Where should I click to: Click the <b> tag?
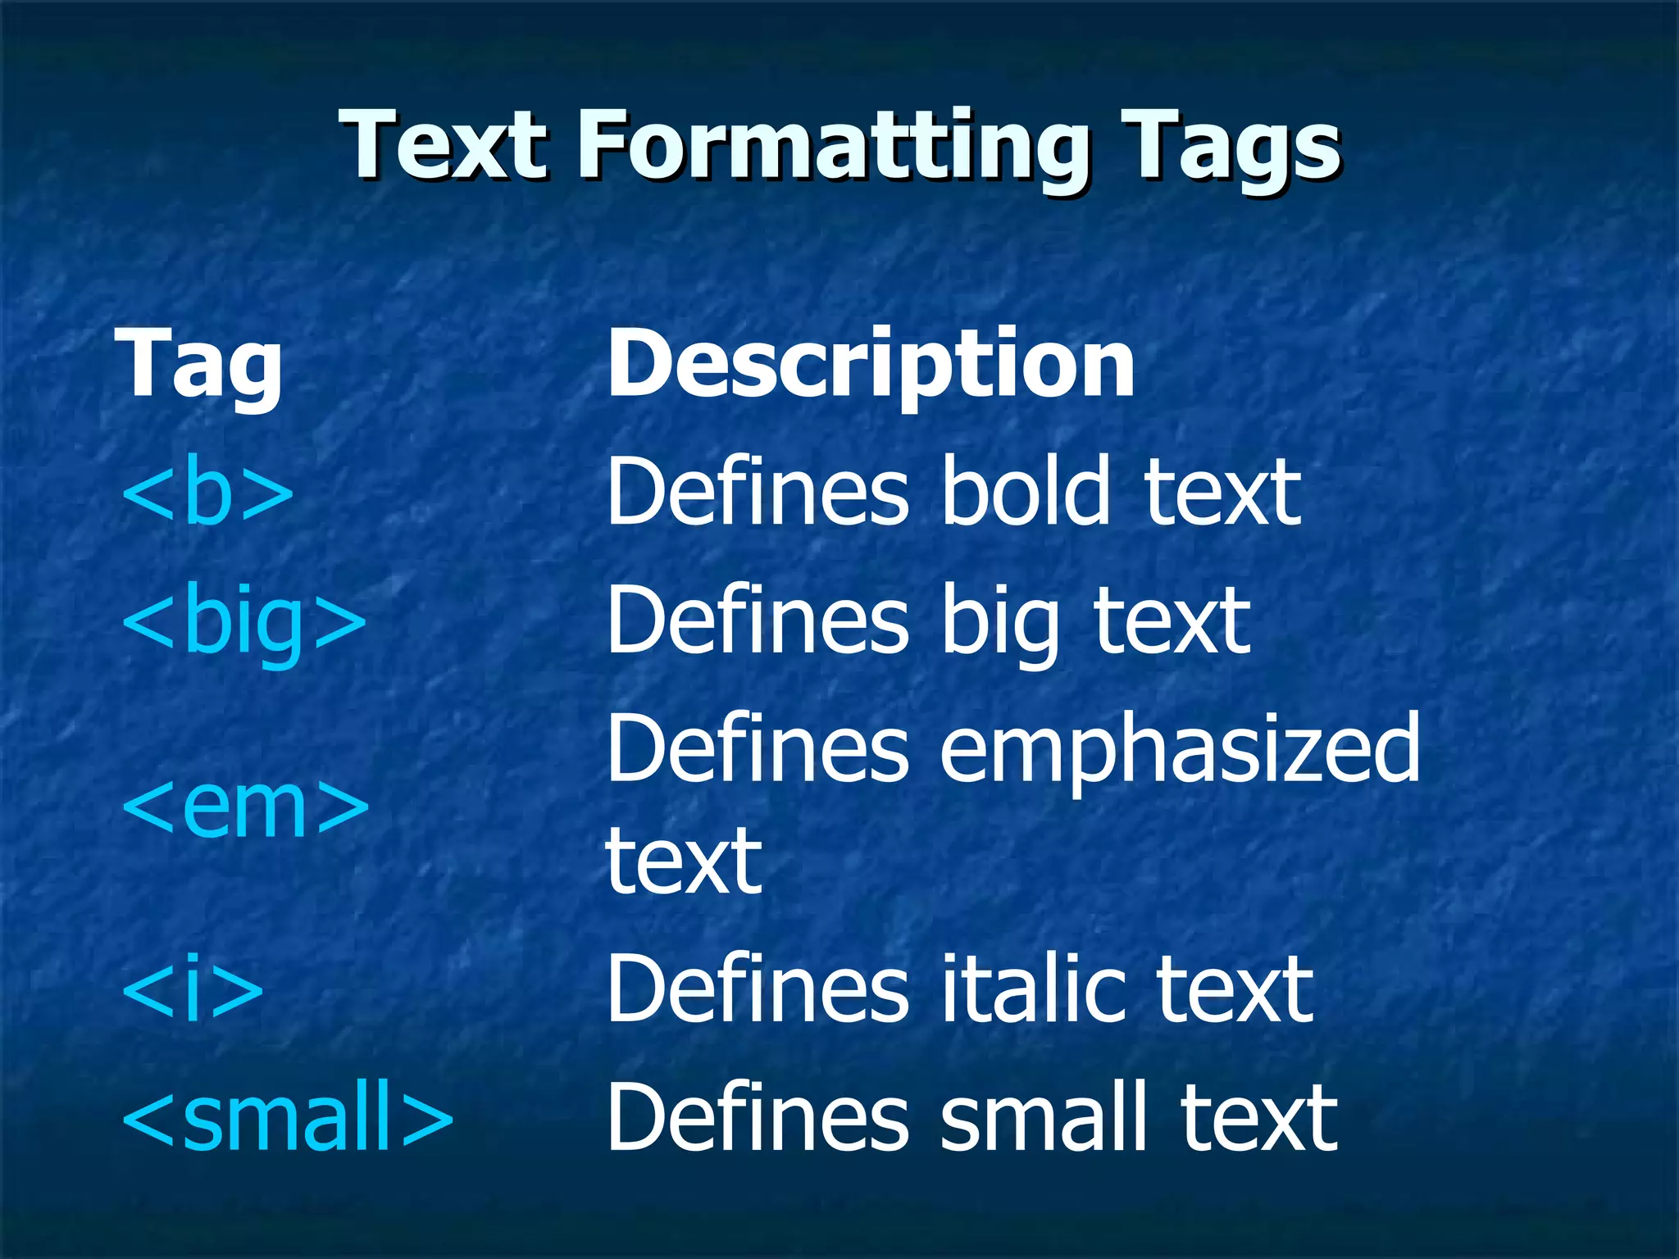click(207, 492)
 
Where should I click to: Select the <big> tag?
click(243, 620)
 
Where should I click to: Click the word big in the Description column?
click(1001, 620)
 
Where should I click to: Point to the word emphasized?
click(1180, 748)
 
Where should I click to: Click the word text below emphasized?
click(684, 861)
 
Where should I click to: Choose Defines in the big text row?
click(758, 620)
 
